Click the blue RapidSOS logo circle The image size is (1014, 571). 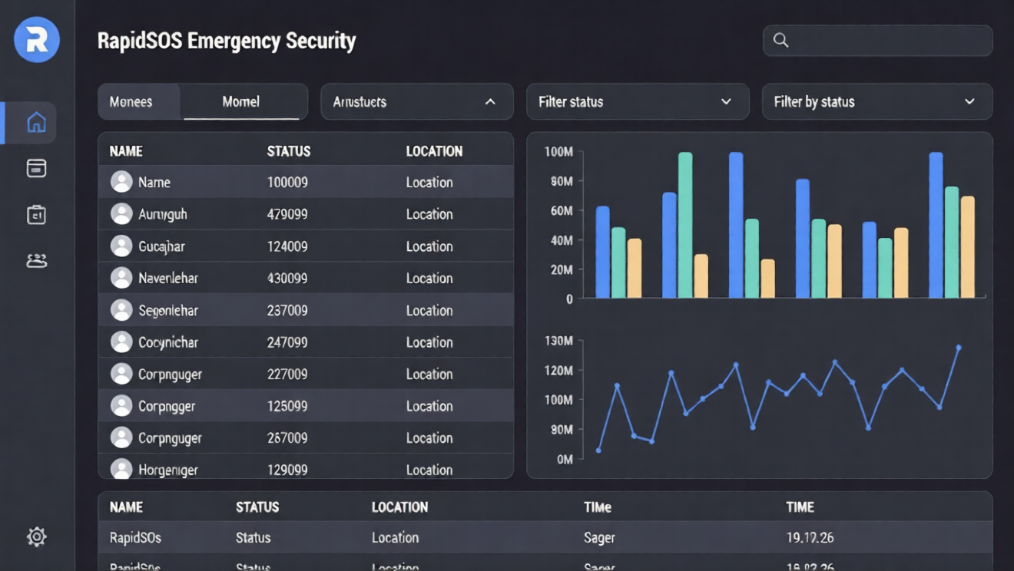pos(37,39)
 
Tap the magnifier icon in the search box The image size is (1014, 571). pos(780,41)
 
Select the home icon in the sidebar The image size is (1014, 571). pos(36,123)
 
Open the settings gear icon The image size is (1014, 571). pos(36,536)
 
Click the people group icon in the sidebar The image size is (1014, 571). pos(36,261)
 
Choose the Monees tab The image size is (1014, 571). pos(131,102)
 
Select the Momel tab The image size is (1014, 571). pos(240,102)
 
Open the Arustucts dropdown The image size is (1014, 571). pos(416,102)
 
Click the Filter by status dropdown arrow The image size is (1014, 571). pos(969,102)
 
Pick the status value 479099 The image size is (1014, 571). pos(287,215)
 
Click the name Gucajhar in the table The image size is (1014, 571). pos(161,247)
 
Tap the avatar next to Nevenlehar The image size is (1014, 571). pos(121,278)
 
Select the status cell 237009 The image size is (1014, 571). pos(287,311)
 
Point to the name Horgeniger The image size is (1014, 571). pos(167,470)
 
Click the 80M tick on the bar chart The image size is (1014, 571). pos(562,182)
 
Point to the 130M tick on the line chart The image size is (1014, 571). pos(558,341)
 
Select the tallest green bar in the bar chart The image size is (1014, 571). pos(684,225)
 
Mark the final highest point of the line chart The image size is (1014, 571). pos(959,348)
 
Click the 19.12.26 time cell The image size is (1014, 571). pos(810,538)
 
